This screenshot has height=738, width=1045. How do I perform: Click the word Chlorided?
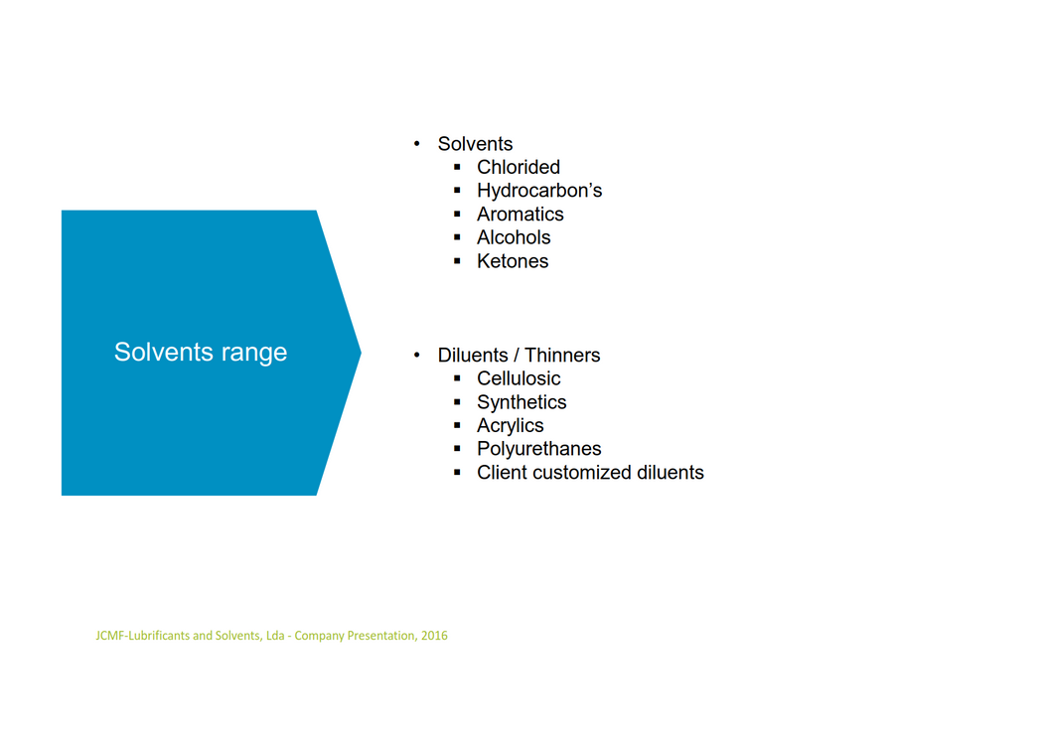[x=518, y=167]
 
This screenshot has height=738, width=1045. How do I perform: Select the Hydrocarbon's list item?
[x=539, y=191]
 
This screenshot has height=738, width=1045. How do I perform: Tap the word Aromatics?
[x=520, y=214]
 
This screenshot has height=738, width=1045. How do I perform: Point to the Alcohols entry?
[x=514, y=237]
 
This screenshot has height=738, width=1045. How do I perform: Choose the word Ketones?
[x=513, y=260]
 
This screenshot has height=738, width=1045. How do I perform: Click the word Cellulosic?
[x=519, y=378]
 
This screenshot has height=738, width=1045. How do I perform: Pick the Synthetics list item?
[x=522, y=402]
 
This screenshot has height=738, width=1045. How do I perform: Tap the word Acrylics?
[x=510, y=425]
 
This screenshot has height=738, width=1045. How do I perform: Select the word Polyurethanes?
[x=538, y=449]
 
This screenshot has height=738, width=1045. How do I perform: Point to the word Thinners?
[x=562, y=355]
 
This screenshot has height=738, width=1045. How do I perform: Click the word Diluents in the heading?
[x=473, y=355]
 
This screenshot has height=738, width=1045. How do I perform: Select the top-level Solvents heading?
[x=475, y=143]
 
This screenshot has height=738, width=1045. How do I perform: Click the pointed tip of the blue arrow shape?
[x=361, y=353]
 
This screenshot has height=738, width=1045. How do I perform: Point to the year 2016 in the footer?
[x=434, y=636]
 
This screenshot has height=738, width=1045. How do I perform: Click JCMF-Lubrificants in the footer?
[x=143, y=636]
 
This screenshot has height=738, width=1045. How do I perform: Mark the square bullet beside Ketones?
[x=457, y=260]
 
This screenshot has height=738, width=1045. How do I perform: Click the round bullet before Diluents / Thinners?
[x=416, y=355]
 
